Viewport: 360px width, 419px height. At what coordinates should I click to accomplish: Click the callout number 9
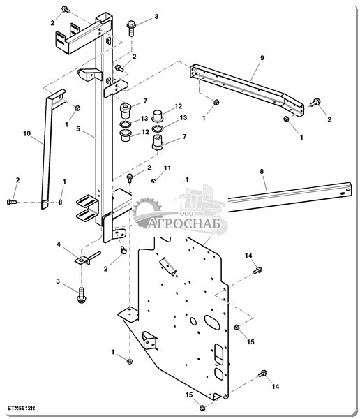262,58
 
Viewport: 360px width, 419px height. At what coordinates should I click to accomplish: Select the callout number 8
262,171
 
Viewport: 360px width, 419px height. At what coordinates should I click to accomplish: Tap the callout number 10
27,133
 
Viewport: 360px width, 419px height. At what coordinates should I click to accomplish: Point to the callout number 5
78,128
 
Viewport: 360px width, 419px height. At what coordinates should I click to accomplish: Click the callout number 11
167,168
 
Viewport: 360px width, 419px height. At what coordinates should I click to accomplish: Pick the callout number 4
59,244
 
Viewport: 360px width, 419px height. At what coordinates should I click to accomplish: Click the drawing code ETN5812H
22,408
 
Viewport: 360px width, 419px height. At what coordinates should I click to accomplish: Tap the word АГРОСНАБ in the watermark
184,223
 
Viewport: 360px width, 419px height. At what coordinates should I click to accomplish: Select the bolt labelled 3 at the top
131,28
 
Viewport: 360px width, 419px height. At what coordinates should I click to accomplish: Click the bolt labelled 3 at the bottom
81,295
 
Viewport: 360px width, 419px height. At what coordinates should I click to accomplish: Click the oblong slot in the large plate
212,322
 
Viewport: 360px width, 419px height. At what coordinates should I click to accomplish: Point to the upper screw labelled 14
257,270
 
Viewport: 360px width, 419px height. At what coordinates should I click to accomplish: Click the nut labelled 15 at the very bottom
202,408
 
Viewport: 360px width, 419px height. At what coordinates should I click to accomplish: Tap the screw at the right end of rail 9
315,103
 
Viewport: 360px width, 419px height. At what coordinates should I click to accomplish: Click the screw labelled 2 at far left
11,202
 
